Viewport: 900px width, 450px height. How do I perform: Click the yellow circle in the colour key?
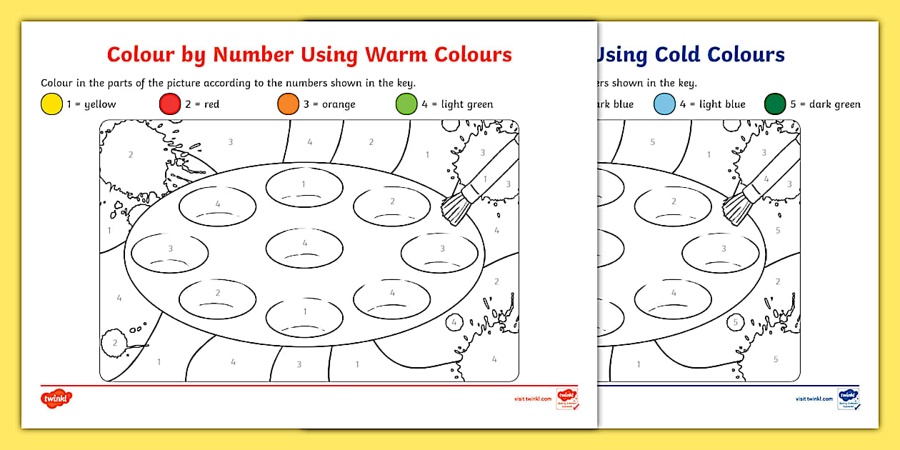[51, 104]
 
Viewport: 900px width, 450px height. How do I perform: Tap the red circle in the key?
[170, 104]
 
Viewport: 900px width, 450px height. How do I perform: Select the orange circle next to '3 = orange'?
[288, 104]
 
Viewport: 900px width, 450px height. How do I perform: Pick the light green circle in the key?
[406, 104]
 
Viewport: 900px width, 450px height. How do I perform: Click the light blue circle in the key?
[664, 104]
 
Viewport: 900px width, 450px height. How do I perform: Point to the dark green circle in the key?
[774, 104]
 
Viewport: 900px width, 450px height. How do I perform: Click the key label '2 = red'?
[202, 104]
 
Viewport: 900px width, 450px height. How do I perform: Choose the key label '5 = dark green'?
[825, 104]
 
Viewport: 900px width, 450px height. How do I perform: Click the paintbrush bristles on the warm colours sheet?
[456, 207]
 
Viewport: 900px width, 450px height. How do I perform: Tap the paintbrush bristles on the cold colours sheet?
[736, 207]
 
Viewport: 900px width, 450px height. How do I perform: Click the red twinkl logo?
[57, 399]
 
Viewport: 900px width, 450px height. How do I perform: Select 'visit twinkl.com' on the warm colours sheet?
[533, 399]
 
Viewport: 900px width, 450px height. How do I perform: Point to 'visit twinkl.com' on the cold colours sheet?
[814, 399]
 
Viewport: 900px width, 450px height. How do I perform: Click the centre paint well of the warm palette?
[305, 248]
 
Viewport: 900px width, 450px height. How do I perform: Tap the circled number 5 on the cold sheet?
[736, 323]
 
